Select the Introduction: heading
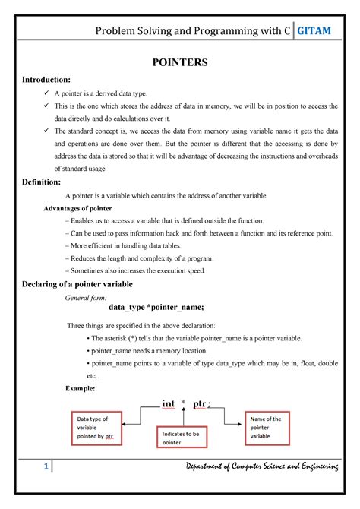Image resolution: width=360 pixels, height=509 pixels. pos(46,79)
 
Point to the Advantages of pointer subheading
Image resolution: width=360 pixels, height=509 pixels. pos(77,207)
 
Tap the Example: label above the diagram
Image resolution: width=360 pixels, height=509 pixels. pos(81,388)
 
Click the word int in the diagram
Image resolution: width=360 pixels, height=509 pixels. pos(168,404)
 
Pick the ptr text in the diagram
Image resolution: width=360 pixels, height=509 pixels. pos(201,404)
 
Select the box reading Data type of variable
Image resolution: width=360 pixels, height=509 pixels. pos(99,428)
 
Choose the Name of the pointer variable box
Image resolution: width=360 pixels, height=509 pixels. pos(267,427)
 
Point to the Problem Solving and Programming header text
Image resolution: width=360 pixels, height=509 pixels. pos(191,30)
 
